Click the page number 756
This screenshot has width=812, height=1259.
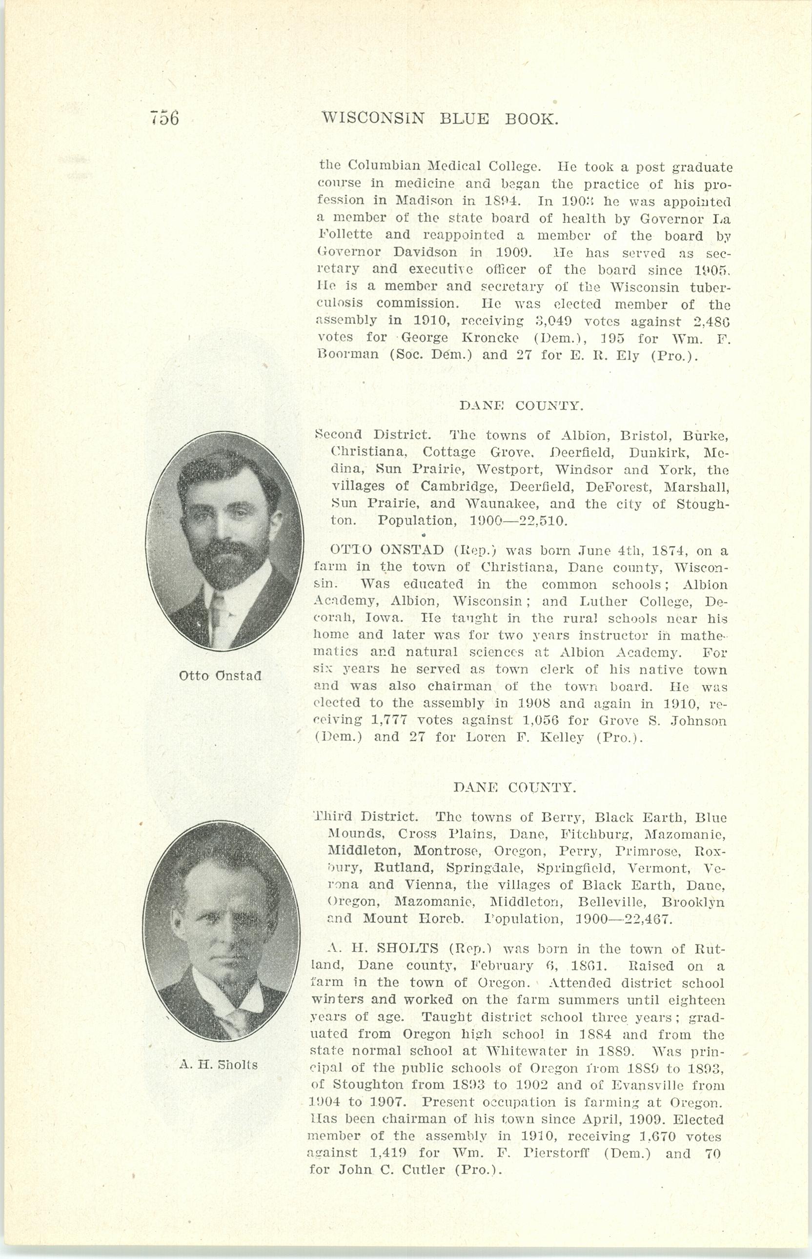164,118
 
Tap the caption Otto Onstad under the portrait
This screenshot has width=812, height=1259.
221,675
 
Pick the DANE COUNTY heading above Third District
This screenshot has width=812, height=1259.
514,788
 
